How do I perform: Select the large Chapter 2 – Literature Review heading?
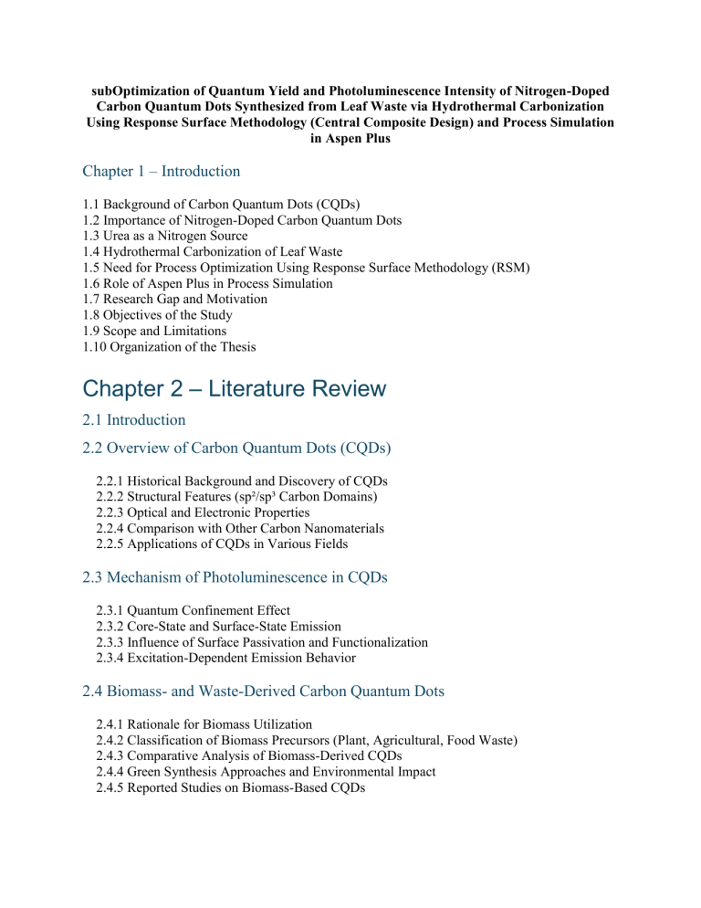tap(235, 388)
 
